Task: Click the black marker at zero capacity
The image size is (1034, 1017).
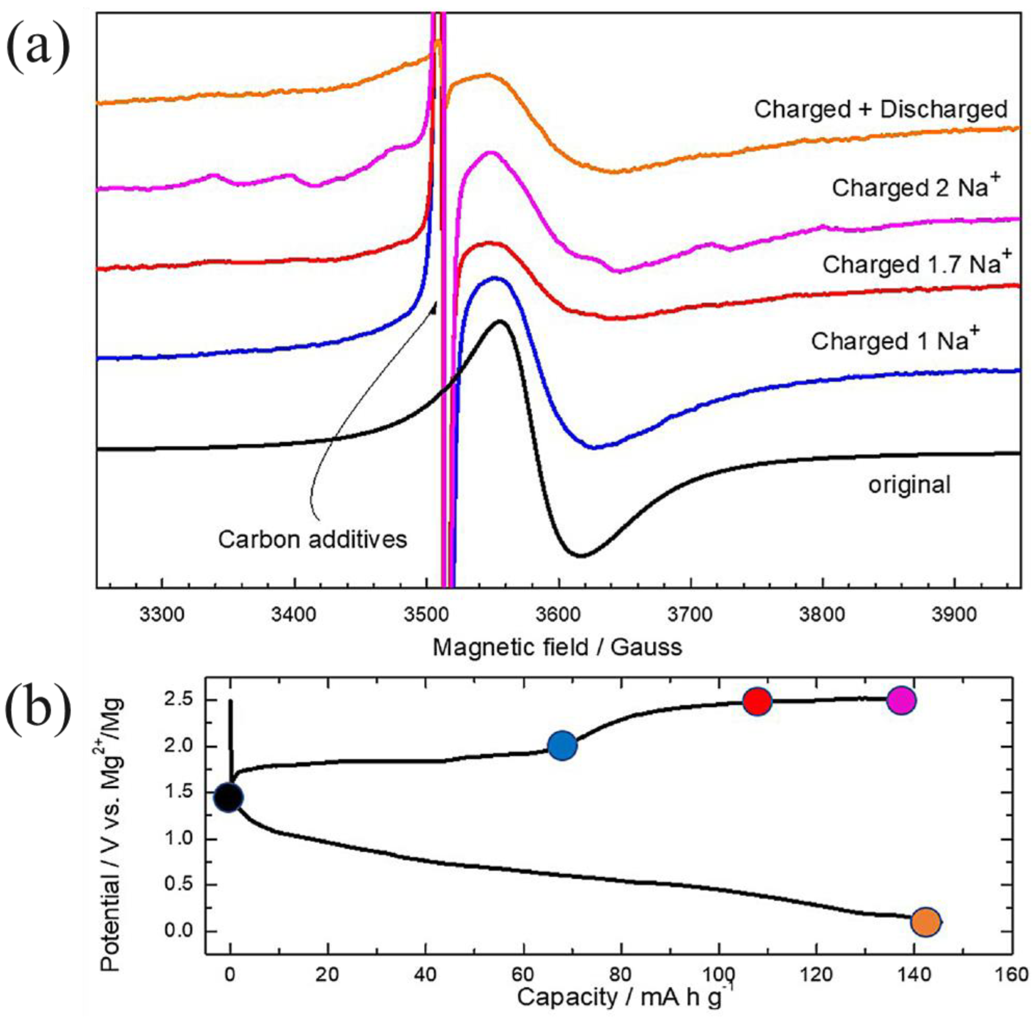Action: (x=229, y=798)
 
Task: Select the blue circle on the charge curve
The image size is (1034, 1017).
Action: (x=562, y=744)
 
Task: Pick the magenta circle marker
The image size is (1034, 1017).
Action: (x=902, y=700)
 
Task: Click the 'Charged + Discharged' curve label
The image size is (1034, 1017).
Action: (x=880, y=109)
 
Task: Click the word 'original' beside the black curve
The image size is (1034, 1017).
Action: (x=909, y=485)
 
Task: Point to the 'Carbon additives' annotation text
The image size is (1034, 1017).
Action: (x=313, y=539)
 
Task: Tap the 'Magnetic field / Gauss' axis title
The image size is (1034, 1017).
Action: (x=557, y=648)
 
